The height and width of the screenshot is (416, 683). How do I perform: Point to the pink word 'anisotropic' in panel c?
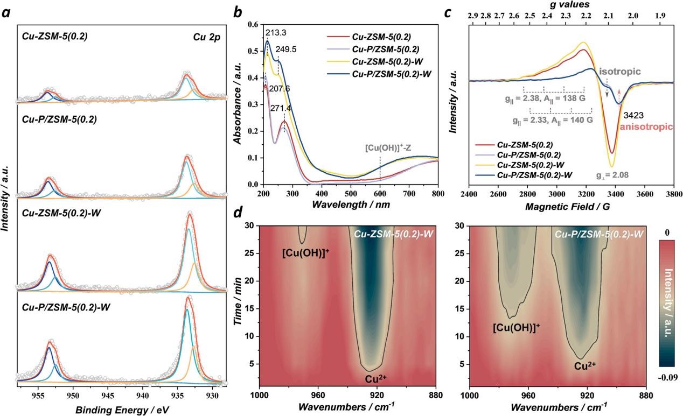(646, 127)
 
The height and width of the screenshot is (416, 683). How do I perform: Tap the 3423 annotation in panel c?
(633, 115)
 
